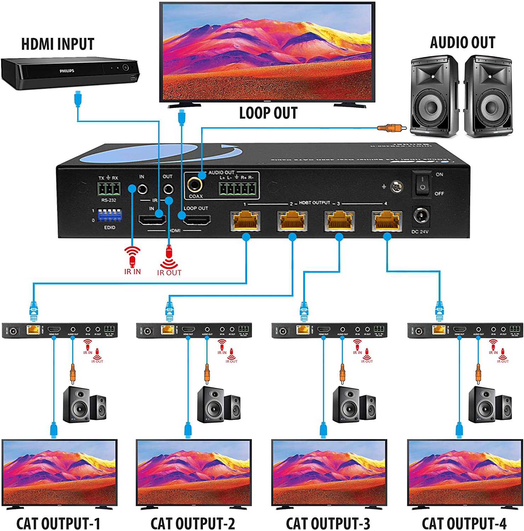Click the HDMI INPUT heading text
58,44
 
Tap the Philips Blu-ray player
70,74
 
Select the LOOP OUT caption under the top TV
268,113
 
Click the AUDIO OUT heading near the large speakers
462,42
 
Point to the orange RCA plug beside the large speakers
386,127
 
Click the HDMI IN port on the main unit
152,221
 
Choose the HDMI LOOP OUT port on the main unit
196,221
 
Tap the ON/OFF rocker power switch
422,184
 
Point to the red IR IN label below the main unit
132,272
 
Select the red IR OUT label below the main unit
169,273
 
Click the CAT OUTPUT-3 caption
328,523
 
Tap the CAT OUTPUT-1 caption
58,523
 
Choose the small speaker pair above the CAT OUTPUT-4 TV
490,405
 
